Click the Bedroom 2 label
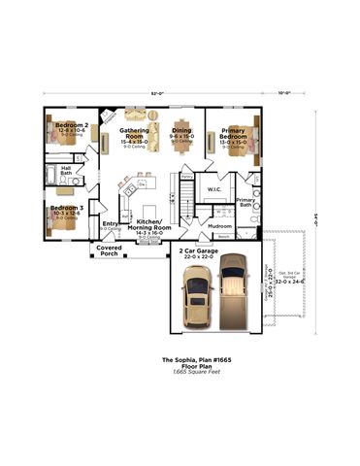(73, 125)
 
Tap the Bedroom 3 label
(67, 208)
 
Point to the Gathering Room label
(133, 132)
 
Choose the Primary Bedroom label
(232, 132)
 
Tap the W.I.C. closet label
(214, 189)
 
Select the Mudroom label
(219, 226)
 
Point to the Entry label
(110, 223)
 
